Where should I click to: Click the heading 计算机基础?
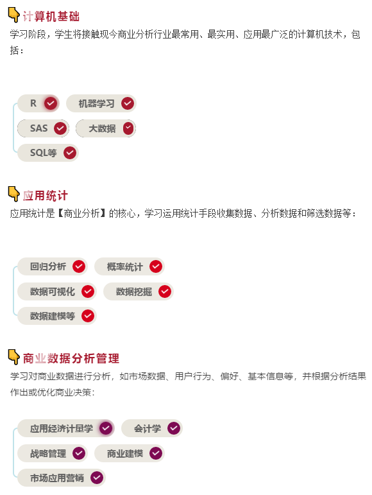51,17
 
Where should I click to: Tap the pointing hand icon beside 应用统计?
13,193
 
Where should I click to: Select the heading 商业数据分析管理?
71,358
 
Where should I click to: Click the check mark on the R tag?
51,103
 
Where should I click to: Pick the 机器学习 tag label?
96,103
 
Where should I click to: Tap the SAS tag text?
38,128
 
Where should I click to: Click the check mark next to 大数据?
128,128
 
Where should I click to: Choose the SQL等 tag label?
43,153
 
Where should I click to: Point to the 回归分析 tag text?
48,266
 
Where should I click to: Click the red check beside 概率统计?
156,266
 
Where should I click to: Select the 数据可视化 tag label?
53,291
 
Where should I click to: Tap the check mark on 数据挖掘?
165,291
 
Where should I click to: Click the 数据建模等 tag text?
53,316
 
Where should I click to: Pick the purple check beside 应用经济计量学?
106,428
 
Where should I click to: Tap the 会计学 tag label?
148,428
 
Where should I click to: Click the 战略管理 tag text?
48,454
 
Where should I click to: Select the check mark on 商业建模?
156,453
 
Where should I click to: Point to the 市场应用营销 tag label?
57,478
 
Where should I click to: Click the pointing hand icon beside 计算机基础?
13,15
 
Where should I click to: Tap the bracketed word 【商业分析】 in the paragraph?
81,213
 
